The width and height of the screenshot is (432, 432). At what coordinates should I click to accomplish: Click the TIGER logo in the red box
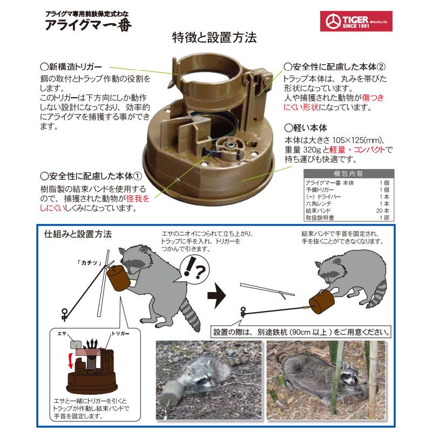pos(359,22)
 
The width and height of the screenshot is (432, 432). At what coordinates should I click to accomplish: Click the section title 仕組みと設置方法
pos(78,235)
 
